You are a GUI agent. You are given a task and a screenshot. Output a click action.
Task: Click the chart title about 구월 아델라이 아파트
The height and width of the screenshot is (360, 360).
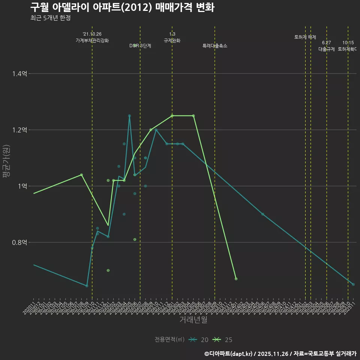122,7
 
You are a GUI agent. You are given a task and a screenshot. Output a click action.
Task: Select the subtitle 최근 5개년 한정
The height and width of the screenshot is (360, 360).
50,18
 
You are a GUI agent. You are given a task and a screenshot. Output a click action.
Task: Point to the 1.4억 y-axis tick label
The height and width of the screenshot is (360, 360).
19,74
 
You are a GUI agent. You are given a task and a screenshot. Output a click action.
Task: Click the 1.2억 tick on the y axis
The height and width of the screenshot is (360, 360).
19,130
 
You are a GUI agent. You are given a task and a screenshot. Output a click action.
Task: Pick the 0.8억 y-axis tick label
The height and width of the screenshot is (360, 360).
19,243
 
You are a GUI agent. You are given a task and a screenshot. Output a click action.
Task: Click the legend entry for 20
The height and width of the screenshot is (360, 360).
199,340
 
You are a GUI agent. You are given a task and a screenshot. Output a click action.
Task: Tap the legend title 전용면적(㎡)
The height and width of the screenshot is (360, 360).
169,340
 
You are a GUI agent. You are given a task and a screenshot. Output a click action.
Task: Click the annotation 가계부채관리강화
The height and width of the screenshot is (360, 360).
92,40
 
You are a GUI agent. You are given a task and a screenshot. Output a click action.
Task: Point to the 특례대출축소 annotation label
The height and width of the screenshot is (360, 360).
215,46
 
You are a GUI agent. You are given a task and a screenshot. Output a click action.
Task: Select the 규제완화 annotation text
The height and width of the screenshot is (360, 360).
172,40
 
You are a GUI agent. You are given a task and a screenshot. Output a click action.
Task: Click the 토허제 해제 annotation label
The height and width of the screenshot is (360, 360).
305,37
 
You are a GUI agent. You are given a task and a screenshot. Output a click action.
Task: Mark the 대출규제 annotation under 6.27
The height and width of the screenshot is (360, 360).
326,49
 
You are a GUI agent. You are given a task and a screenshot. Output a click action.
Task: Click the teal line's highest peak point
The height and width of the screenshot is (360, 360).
129,116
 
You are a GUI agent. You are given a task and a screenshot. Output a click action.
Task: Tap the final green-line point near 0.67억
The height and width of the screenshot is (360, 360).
236,279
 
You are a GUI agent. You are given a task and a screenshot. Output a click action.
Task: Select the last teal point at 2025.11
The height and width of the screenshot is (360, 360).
353,284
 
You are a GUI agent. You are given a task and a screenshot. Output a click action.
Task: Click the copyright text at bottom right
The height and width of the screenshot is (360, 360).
280,353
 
